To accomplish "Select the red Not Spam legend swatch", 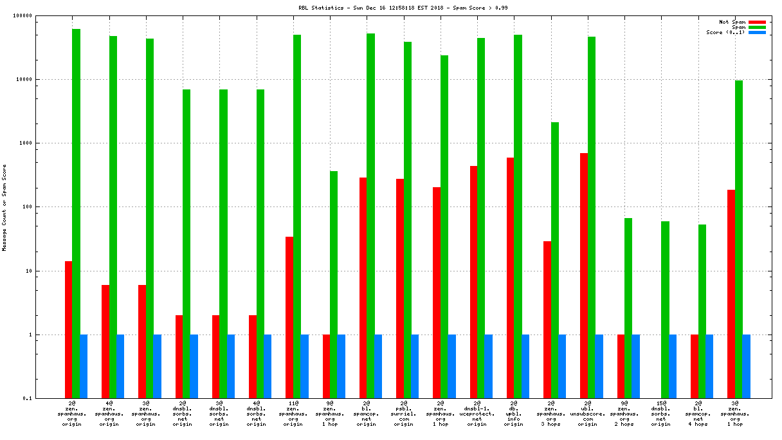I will (x=757, y=22).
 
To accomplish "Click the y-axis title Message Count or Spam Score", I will (x=5, y=207).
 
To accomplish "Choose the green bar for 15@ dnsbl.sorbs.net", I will (x=665, y=309).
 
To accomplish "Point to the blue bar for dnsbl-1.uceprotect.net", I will (x=489, y=366).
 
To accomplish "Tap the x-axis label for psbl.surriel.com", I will (x=404, y=413).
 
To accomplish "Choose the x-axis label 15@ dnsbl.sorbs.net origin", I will (x=661, y=413).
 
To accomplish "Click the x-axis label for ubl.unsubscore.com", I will (x=588, y=413).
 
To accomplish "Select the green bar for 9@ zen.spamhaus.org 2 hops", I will (x=628, y=308).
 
